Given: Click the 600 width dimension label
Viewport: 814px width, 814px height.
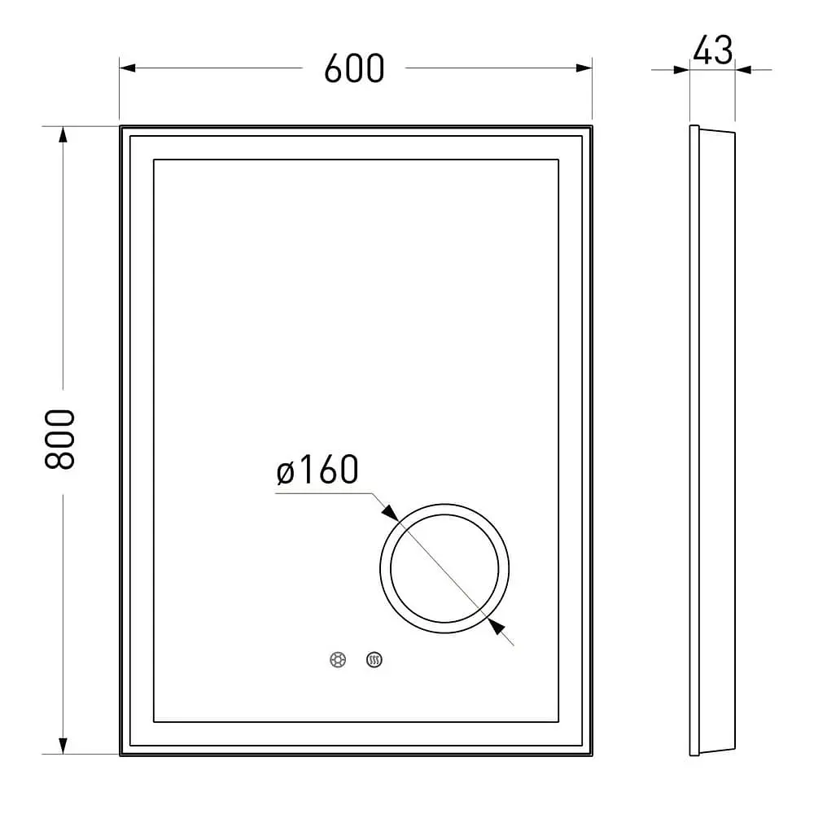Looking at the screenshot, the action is (354, 68).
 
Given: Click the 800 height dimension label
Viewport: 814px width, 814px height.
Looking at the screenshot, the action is (60, 440).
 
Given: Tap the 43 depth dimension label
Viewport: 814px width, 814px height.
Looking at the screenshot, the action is (713, 50).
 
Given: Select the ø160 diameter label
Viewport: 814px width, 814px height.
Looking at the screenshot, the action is (317, 470).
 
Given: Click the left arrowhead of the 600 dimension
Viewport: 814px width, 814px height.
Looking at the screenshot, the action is (128, 68).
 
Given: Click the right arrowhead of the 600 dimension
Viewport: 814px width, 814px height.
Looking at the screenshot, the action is (584, 68).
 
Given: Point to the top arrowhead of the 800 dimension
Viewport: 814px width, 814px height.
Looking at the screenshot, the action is (63, 134).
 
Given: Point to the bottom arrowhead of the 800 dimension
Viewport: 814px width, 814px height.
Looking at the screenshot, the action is (63, 746).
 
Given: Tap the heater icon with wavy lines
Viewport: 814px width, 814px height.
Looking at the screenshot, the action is (374, 660).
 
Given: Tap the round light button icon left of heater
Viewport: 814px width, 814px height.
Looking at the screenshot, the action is (338, 660).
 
